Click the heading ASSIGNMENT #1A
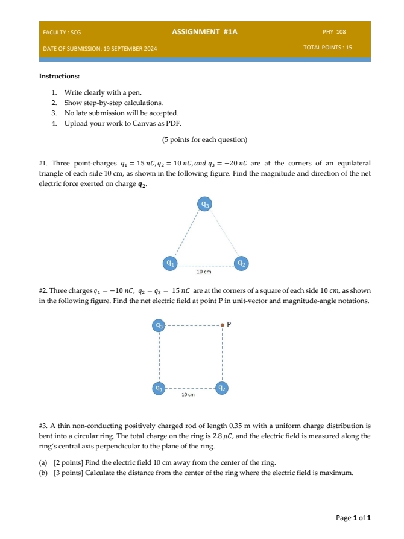(204, 31)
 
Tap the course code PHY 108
(334, 31)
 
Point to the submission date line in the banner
(99, 47)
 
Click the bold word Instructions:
(59, 77)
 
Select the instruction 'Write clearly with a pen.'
(103, 92)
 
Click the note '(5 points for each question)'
(204, 139)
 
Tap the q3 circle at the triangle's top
(206, 205)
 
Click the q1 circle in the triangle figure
(171, 263)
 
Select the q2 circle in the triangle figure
(241, 263)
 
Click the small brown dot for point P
(222, 325)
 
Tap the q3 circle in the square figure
(159, 325)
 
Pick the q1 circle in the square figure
(159, 388)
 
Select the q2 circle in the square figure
(222, 388)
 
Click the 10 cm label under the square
(188, 395)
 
